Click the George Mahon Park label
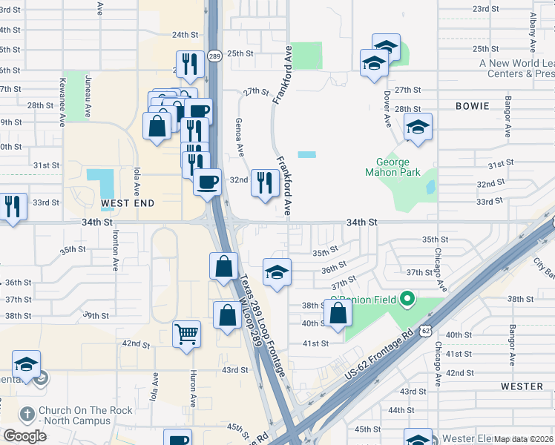tap(393, 167)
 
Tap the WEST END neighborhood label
tap(128, 202)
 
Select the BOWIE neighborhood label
tap(473, 106)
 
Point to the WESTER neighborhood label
tap(522, 386)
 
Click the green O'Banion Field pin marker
tap(406, 300)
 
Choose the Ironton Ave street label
tap(116, 249)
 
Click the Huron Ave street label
tap(192, 389)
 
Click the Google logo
tap(24, 435)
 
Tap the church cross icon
tap(27, 413)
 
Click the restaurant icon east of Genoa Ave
tap(265, 182)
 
